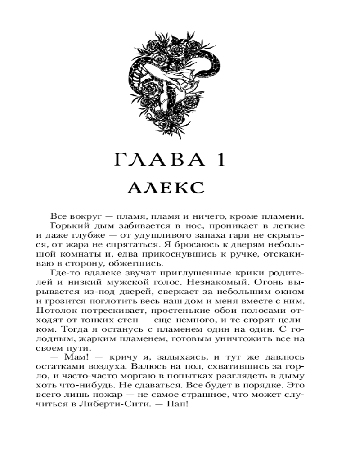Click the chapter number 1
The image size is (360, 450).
pos(220,161)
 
